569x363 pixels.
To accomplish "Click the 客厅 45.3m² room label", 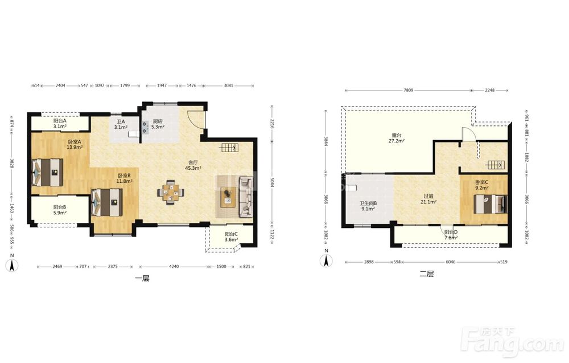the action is click(x=193, y=165).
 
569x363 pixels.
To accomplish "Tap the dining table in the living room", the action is click(x=171, y=192).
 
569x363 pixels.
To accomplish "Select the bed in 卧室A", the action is click(x=47, y=172).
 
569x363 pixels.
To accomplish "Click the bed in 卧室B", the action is click(x=107, y=202).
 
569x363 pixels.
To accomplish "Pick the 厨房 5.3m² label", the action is click(x=158, y=124).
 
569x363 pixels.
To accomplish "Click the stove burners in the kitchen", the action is click(x=145, y=127).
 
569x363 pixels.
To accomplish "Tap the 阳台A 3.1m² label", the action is click(x=60, y=124).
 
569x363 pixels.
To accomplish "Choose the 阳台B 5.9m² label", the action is click(x=60, y=210).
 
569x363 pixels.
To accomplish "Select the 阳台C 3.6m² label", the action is click(x=231, y=237).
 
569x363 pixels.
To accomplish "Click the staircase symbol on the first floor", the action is click(x=229, y=148).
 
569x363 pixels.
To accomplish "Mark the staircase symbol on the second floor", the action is click(x=495, y=165).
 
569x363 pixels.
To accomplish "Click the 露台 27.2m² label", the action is click(x=397, y=138).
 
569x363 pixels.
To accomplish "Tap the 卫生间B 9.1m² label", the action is click(x=368, y=206).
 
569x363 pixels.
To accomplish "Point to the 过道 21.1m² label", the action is click(x=428, y=199).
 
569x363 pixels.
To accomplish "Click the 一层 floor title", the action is click(x=142, y=279).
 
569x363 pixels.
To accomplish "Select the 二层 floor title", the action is click(x=427, y=274).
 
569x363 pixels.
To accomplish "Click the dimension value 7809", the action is click(x=408, y=90).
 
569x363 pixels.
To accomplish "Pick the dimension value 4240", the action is click(x=174, y=266).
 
